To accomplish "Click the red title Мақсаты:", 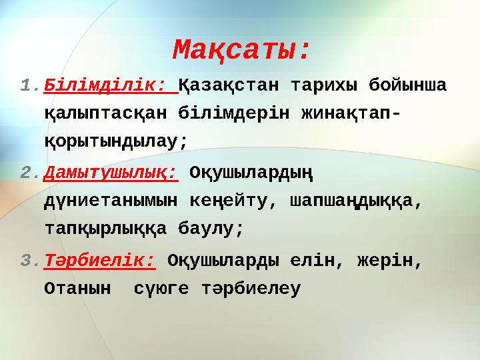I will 241,49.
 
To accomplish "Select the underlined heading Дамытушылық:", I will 111,173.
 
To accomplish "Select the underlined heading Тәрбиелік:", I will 99,261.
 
